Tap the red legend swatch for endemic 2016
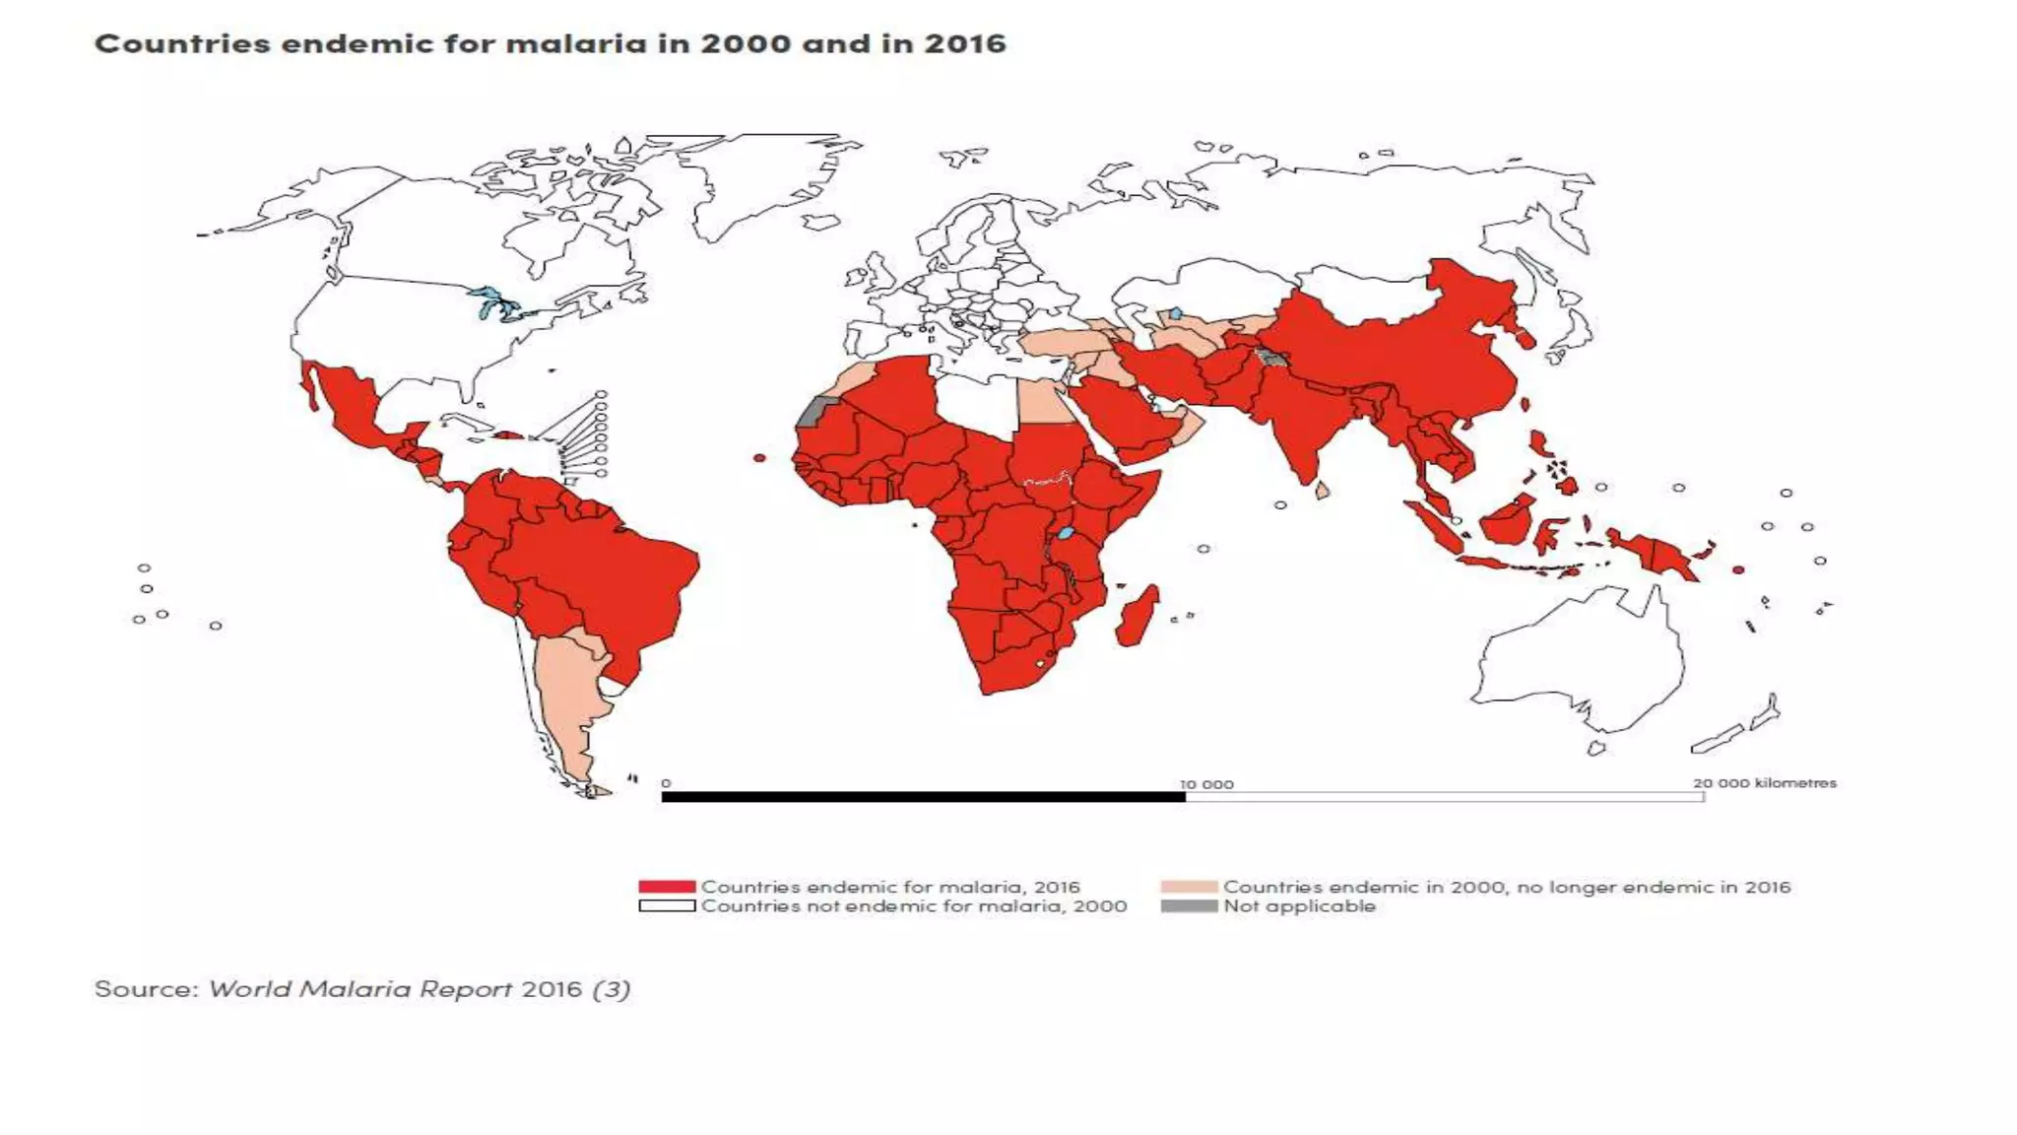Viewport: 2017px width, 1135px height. point(666,887)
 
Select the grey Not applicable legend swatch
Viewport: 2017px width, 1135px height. point(1189,906)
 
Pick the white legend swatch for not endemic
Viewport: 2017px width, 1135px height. point(666,906)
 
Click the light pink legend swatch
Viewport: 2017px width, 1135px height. point(1189,887)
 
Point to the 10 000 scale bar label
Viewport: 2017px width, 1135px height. point(1206,784)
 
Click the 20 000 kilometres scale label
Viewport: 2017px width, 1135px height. point(1764,783)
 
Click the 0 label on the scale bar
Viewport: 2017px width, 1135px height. point(666,783)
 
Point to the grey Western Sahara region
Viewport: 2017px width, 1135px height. point(812,412)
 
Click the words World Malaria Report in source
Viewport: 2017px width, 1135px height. point(360,988)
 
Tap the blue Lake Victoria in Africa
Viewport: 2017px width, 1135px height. point(1065,533)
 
